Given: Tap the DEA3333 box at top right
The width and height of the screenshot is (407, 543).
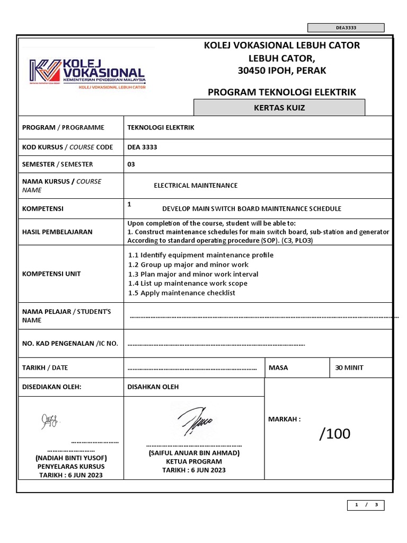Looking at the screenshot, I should click(346, 28).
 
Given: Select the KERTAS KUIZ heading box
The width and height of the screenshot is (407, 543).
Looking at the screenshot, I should click(279, 108).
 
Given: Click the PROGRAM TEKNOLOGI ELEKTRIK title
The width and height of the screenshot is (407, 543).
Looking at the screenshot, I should click(281, 92).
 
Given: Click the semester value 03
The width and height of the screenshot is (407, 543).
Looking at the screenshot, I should click(131, 164).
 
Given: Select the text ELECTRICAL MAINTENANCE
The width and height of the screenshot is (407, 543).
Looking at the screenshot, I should click(196, 186).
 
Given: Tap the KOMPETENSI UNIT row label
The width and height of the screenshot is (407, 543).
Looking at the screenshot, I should click(51, 274).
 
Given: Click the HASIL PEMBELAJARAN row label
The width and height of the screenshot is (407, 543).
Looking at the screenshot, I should click(57, 232).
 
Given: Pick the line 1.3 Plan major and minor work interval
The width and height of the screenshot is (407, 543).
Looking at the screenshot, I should click(193, 274).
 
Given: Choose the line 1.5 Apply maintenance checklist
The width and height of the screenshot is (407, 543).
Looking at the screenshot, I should click(182, 293).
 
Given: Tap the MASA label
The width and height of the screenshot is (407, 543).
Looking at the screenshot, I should click(278, 367).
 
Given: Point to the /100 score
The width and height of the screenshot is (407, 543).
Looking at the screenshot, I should click(334, 434).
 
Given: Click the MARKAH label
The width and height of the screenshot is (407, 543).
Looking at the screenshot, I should click(285, 419).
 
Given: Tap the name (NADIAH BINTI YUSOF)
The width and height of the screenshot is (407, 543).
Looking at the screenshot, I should click(72, 458).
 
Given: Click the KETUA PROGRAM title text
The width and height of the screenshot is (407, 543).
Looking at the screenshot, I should click(194, 461).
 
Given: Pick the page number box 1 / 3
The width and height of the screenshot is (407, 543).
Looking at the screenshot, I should click(366, 505).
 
